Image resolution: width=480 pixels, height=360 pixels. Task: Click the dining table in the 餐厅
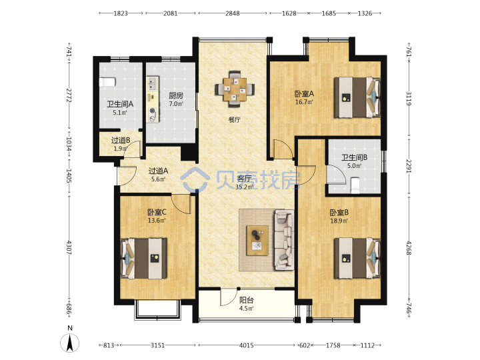pos(235,89)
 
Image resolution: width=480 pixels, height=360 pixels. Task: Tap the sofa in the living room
pos(285,240)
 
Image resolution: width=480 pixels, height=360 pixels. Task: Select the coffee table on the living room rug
pos(257,240)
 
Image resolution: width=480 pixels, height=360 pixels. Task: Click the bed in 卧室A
pos(357,97)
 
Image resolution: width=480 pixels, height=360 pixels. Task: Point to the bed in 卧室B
pos(357,258)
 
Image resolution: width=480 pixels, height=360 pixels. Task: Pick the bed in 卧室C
pos(144,259)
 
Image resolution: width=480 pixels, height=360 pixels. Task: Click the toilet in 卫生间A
pos(107,82)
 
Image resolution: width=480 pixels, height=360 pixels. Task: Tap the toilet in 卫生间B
pos(355,185)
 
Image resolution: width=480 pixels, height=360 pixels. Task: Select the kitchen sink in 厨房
pos(153,84)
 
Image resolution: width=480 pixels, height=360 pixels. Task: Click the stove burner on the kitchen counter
pos(153,113)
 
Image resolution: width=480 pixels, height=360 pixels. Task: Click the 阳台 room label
pos(246,300)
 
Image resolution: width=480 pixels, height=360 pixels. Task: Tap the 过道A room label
pos(158,171)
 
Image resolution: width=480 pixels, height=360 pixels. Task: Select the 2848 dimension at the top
pos(233,13)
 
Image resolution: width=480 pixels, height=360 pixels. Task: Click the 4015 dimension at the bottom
pos(247,345)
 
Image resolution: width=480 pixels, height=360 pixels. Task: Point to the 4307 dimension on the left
pos(69,247)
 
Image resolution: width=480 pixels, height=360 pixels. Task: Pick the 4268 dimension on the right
pos(409,247)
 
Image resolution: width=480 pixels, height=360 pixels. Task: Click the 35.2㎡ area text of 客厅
pos(244,187)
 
